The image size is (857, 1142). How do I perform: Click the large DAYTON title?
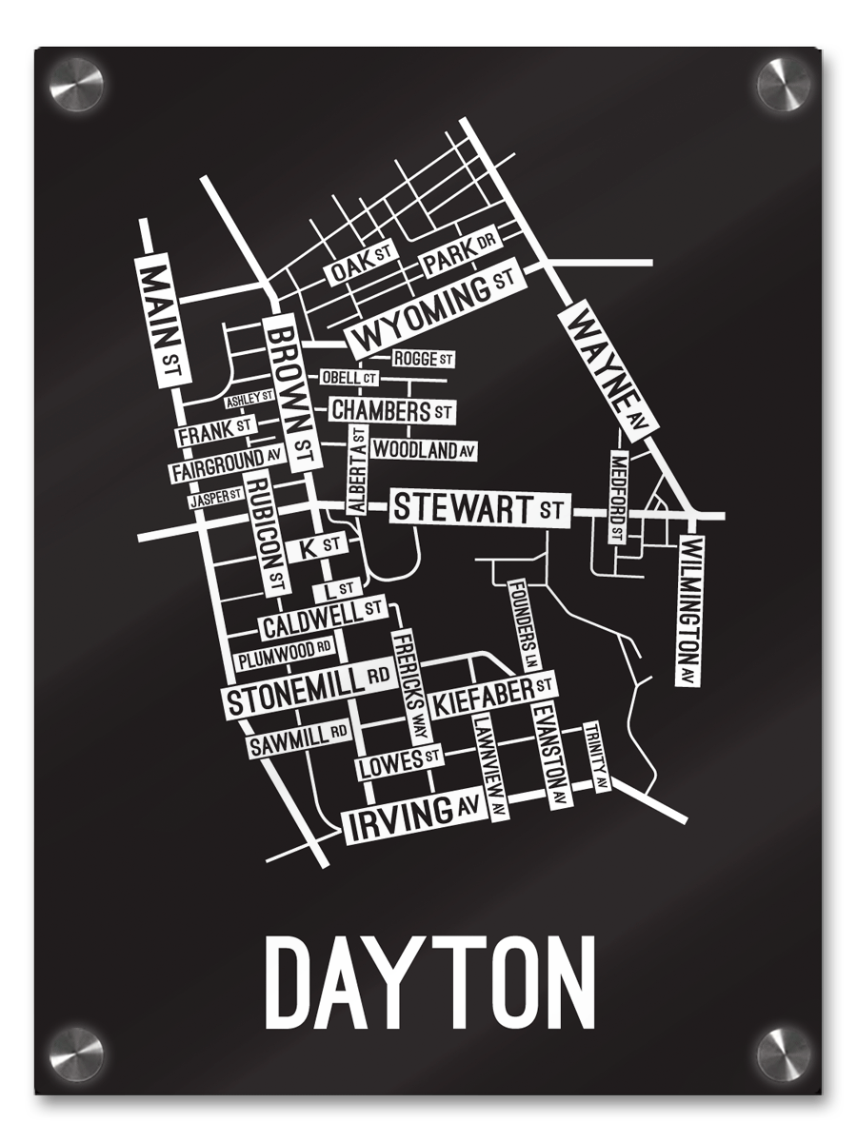pyautogui.click(x=428, y=980)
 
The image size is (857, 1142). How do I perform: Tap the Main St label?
pyautogui.click(x=161, y=320)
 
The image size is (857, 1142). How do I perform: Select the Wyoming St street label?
pyautogui.click(x=433, y=305)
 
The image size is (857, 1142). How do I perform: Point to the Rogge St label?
pyautogui.click(x=423, y=359)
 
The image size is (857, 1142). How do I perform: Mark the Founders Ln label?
pyautogui.click(x=524, y=624)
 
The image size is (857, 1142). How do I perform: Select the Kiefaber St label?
pyautogui.click(x=492, y=697)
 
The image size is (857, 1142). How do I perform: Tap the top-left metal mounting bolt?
pyautogui.click(x=76, y=85)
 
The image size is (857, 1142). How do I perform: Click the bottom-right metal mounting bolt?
pyautogui.click(x=783, y=1055)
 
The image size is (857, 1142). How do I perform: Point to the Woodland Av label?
pyautogui.click(x=423, y=449)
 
